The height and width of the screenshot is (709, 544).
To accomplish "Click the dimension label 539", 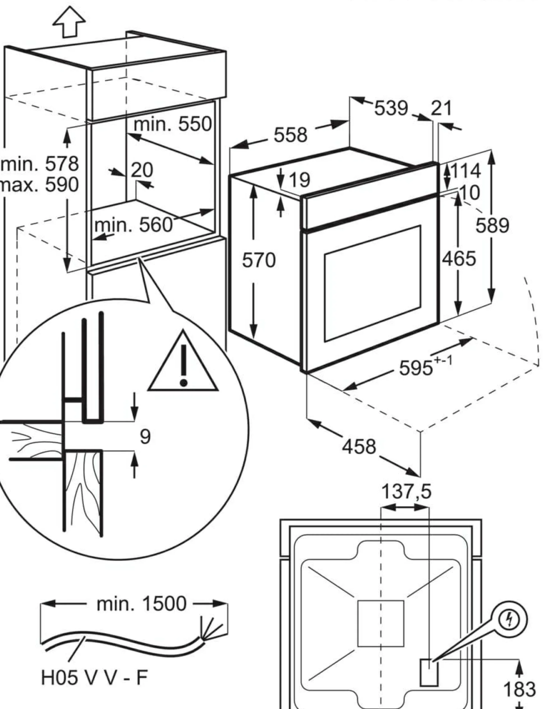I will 391,108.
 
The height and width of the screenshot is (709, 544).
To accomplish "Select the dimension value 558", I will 290,135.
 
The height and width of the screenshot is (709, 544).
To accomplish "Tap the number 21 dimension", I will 441,108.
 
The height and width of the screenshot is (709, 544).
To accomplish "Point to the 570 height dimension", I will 259,260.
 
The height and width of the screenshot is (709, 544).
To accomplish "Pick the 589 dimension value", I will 492,226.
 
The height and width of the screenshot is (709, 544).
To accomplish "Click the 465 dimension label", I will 459,259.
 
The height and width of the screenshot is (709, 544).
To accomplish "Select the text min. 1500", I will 142,603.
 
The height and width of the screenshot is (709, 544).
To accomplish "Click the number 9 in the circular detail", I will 145,437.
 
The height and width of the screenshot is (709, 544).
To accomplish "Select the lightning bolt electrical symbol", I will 509,621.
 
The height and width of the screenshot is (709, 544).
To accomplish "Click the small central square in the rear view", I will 381,623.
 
